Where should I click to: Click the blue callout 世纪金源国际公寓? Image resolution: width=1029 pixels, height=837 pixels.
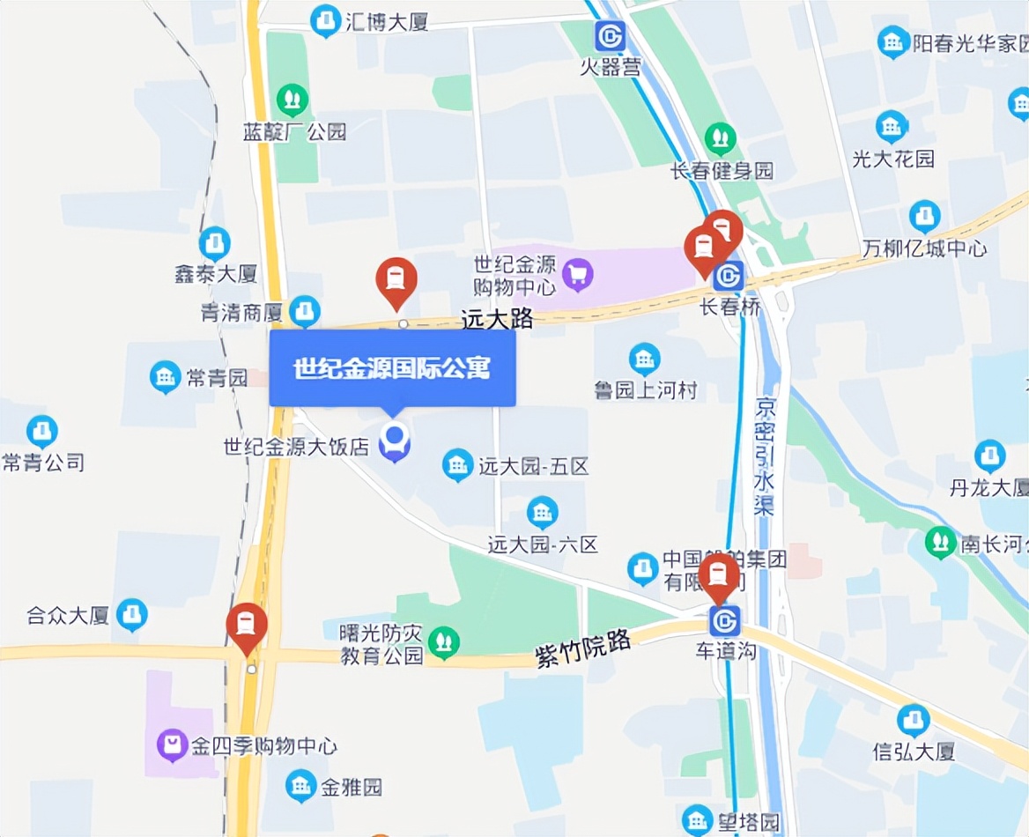[392, 368]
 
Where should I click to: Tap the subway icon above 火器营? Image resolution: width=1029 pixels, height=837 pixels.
[610, 36]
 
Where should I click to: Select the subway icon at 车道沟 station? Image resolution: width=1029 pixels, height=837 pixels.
[725, 621]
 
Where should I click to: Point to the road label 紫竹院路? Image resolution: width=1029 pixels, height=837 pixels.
[583, 649]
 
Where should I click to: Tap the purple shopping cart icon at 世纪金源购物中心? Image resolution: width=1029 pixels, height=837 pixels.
[577, 275]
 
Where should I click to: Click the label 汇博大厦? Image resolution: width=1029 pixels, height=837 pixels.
[388, 21]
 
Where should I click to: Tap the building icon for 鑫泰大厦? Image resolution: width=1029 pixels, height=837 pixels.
[214, 243]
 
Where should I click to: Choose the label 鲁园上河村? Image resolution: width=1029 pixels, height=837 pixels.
[645, 389]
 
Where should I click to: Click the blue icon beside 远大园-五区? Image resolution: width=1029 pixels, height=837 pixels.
[457, 464]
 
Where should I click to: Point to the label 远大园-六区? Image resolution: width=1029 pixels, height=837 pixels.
[543, 545]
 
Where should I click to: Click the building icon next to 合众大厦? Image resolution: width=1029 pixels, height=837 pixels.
[132, 614]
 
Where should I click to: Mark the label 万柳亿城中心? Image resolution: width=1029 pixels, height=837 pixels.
[924, 248]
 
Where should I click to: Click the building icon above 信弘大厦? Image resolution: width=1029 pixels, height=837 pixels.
[914, 721]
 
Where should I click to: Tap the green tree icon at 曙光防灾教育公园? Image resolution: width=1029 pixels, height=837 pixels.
[443, 643]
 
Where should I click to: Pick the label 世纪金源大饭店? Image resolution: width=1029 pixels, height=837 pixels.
[296, 447]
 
